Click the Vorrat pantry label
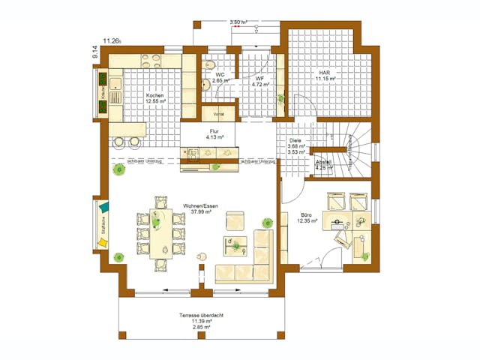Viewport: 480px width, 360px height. [x=219, y=114]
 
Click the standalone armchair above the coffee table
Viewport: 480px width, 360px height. [x=235, y=220]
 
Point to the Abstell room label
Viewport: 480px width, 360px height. [x=323, y=166]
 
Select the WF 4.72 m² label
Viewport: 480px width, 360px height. [x=259, y=82]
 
